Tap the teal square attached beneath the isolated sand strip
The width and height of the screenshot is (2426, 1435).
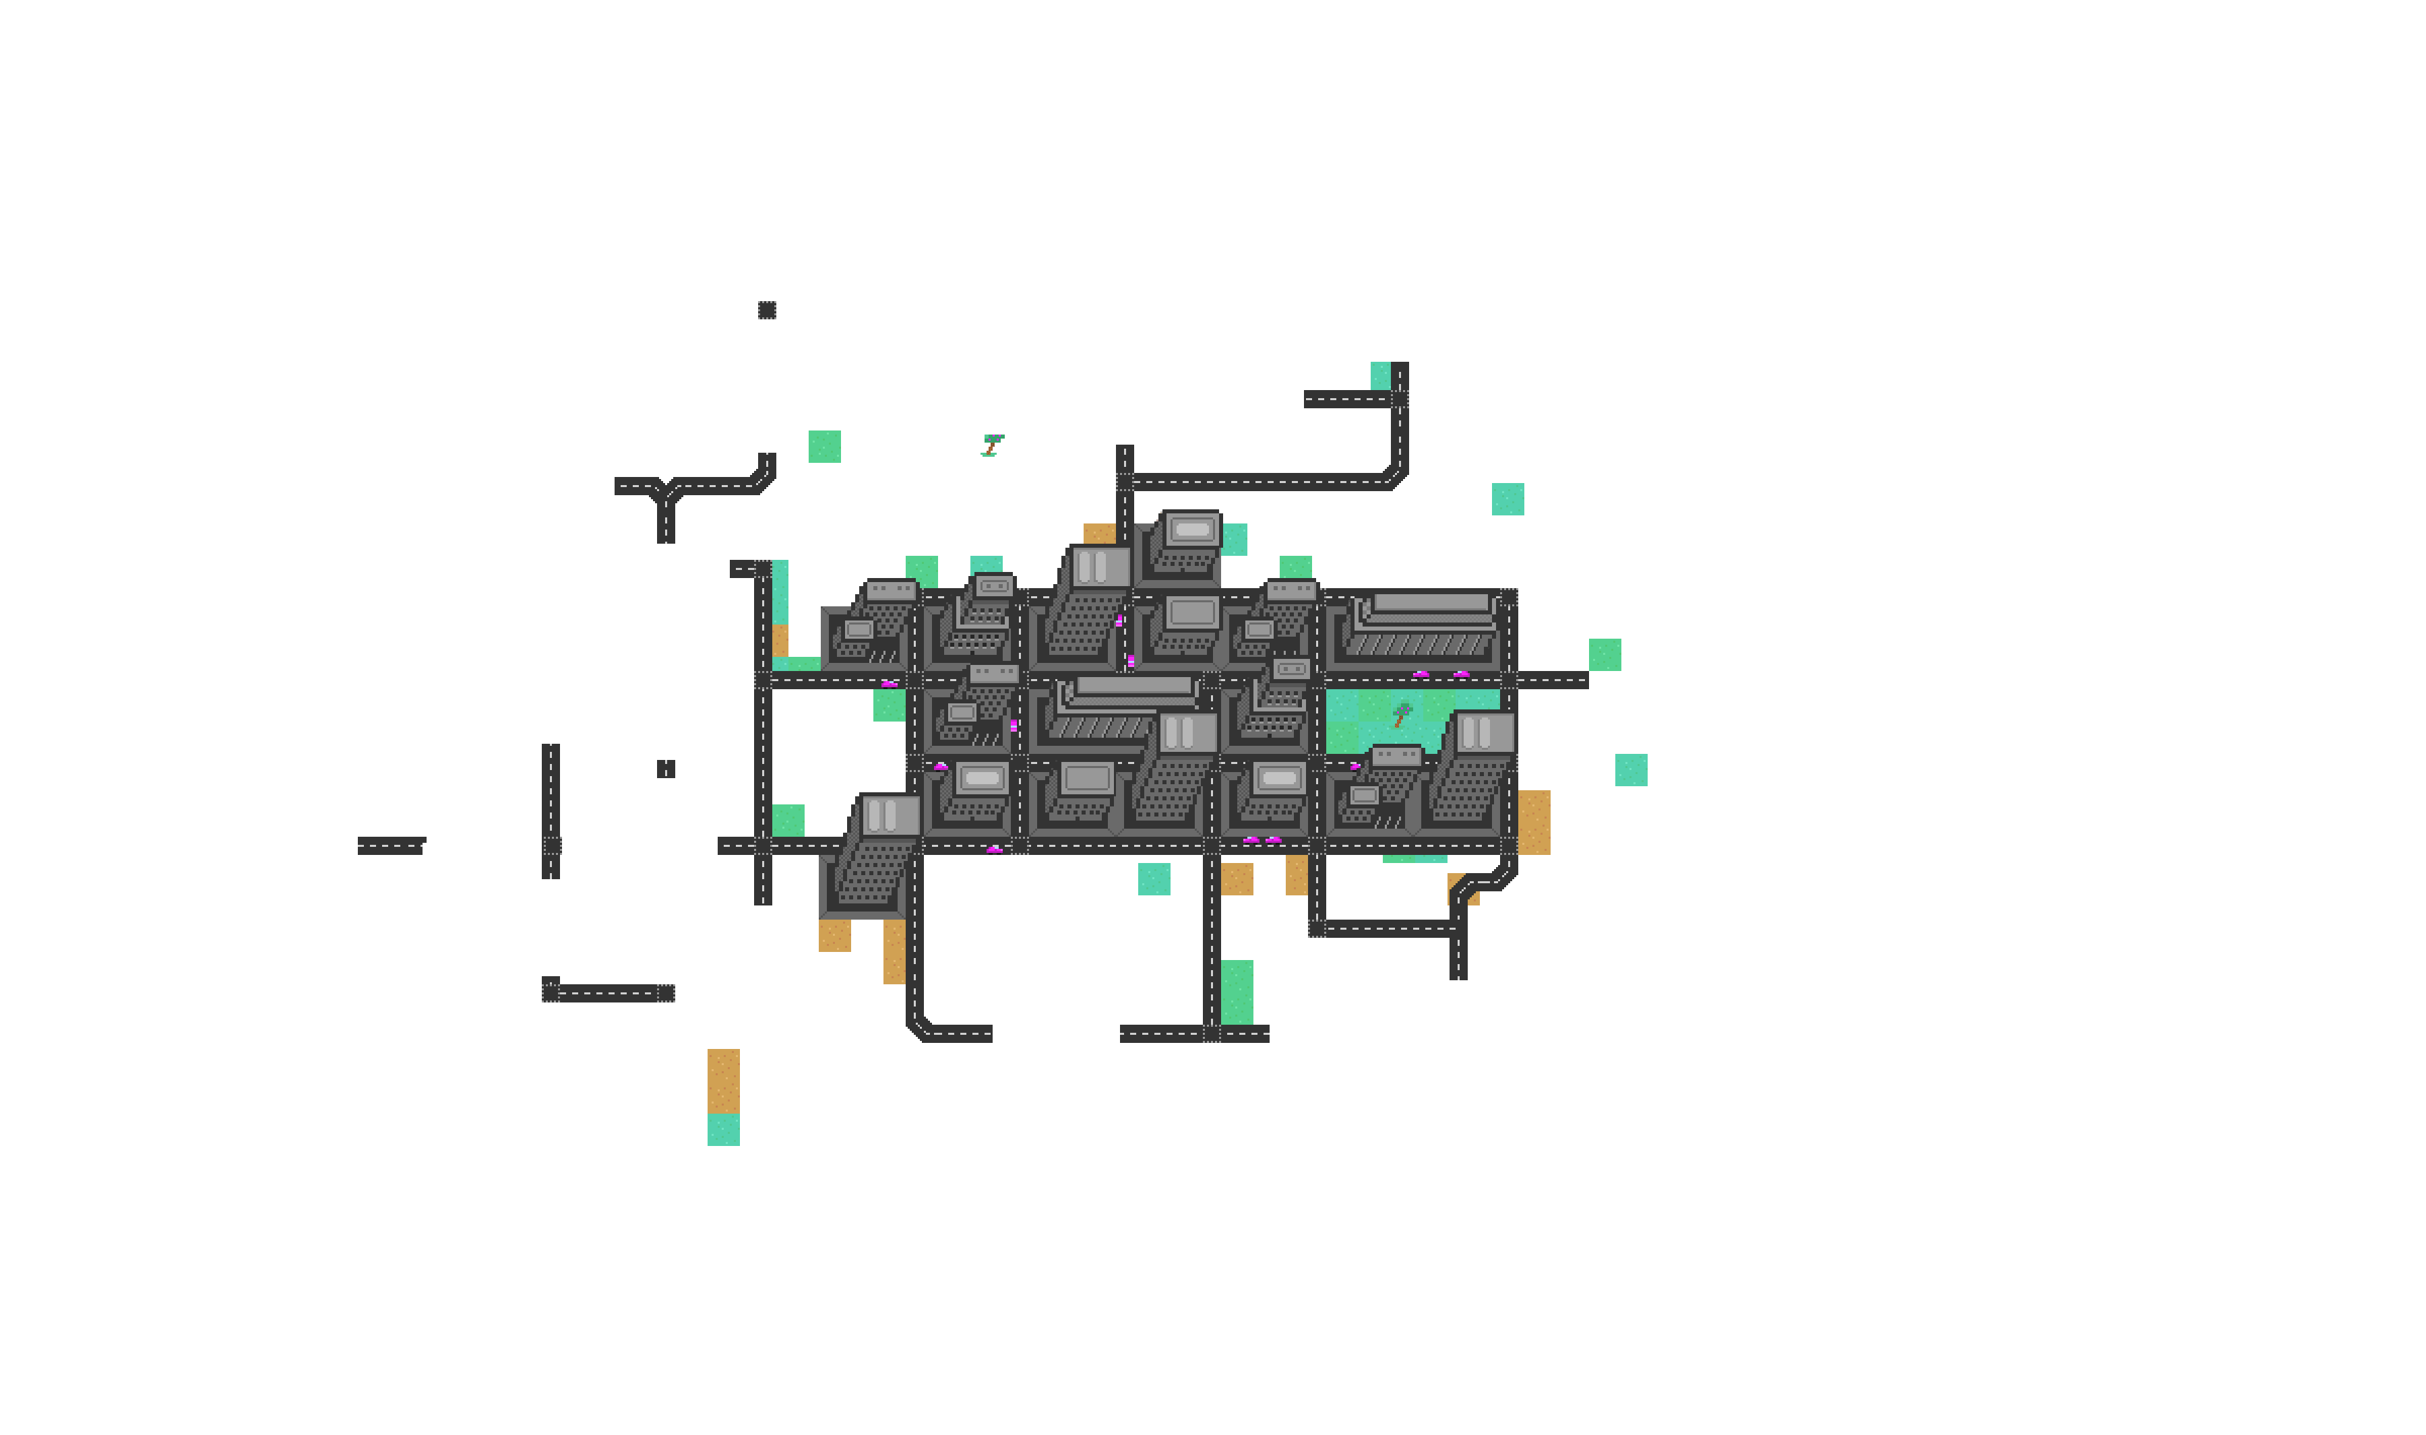point(723,1129)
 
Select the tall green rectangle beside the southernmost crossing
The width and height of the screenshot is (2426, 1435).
point(1237,992)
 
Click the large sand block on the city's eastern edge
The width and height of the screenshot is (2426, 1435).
point(1534,822)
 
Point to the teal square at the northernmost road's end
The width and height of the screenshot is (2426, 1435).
point(1380,375)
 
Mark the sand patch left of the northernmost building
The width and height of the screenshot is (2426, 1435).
point(1098,534)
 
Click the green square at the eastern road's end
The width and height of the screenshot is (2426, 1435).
point(1604,655)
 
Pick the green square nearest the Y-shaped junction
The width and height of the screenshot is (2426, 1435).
point(823,447)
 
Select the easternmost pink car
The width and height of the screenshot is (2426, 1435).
point(1461,674)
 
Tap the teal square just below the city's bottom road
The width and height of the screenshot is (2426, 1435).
point(1154,879)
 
